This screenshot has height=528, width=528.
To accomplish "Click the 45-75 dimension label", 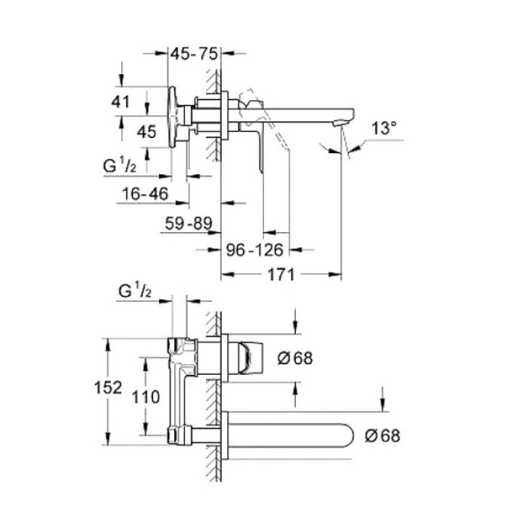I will click(x=195, y=54).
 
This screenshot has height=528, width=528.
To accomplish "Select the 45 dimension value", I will click(x=147, y=131).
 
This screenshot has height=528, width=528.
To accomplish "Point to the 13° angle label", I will click(x=383, y=129).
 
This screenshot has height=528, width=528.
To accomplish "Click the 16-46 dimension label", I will click(x=143, y=194).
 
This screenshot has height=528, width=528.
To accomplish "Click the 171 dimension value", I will click(x=280, y=275).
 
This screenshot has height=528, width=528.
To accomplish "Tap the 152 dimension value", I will click(x=109, y=387).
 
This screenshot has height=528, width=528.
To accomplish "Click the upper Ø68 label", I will click(x=294, y=359).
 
